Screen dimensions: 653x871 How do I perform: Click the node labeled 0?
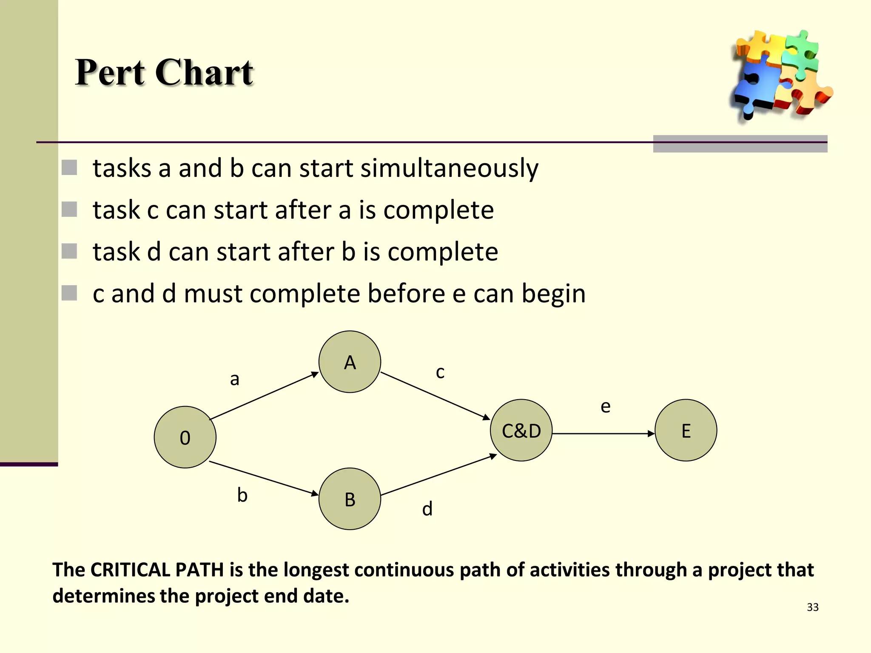click(185, 437)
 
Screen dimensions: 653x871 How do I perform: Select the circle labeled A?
click(350, 362)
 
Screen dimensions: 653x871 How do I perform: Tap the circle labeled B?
click(350, 499)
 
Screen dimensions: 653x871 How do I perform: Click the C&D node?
click(521, 430)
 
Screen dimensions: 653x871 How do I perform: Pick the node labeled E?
click(686, 430)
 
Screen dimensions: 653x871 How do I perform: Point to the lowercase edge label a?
click(235, 379)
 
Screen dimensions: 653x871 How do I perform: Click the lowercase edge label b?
click(242, 495)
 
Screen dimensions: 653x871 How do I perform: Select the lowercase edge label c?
click(440, 372)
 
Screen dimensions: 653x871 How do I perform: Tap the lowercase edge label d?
click(427, 509)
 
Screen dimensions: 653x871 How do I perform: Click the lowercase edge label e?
click(605, 407)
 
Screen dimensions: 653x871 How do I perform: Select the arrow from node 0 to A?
click(264, 396)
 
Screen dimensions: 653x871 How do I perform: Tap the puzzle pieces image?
click(780, 76)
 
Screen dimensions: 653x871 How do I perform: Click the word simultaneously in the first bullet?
click(449, 168)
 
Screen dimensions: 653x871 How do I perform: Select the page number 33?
click(812, 607)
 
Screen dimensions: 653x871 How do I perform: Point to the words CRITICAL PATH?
click(157, 570)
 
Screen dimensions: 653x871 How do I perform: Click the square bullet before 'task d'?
click(69, 251)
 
